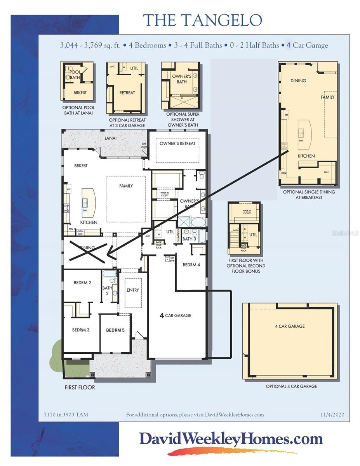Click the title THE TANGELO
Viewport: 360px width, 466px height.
202,20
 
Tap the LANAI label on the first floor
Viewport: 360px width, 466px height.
111,138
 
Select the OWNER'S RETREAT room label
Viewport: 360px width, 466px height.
177,143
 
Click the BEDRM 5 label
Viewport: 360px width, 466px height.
115,330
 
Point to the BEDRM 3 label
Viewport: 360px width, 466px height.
81,330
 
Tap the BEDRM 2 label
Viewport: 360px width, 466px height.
82,283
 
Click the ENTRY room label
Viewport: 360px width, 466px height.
133,290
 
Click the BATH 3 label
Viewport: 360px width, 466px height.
190,239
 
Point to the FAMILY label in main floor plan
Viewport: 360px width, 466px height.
126,186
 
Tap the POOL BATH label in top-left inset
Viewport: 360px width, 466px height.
75,75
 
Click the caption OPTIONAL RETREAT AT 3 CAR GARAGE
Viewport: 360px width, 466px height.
127,123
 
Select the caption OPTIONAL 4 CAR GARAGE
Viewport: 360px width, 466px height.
291,386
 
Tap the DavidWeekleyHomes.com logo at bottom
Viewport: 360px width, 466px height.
231,439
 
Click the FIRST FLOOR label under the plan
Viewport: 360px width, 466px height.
80,387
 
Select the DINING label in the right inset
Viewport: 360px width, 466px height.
298,81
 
